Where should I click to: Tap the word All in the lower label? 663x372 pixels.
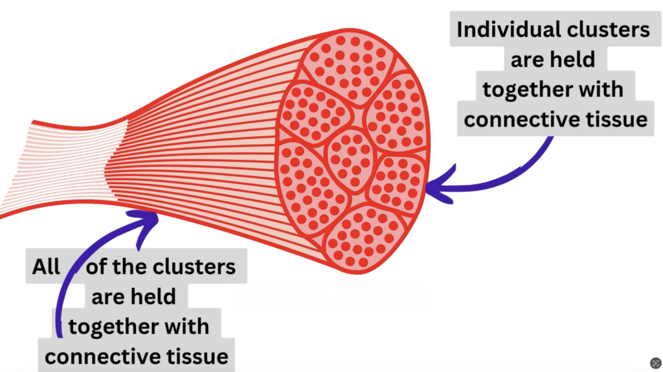point(46,266)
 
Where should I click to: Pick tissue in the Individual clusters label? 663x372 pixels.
point(613,119)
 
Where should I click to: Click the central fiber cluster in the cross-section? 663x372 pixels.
point(351,159)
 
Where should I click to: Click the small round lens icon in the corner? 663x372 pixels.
point(655,363)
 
